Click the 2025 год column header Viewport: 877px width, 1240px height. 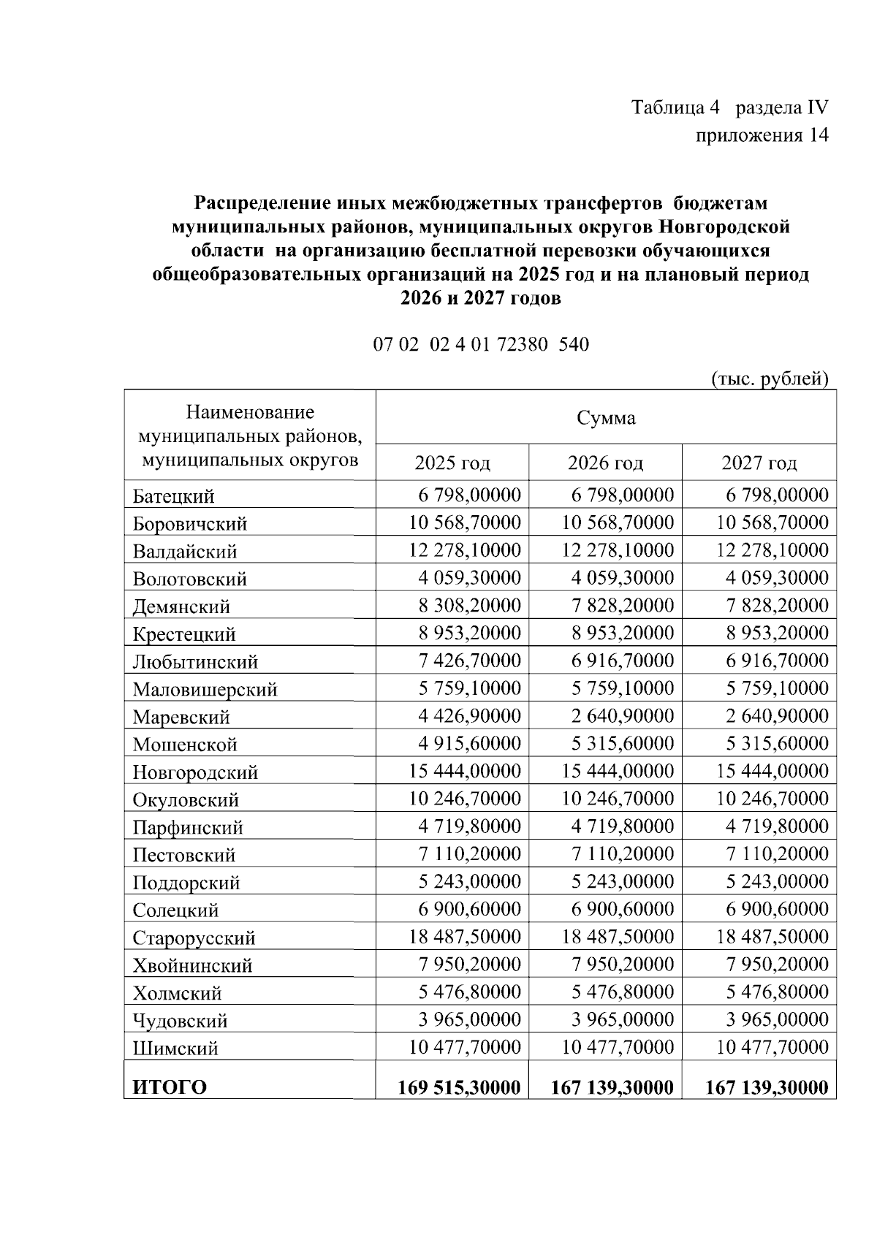coord(452,463)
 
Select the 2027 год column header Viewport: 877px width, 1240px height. coord(759,463)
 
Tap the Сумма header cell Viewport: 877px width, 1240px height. coord(606,418)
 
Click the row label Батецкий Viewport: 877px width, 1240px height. coord(174,497)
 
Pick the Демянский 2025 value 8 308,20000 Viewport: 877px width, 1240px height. coord(469,606)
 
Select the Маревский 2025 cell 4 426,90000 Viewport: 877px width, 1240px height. coord(469,716)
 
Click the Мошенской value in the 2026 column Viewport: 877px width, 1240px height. coord(622,744)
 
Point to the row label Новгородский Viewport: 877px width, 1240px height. coord(195,772)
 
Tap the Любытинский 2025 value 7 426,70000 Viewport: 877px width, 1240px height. coord(469,661)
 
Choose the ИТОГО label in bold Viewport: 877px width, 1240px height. coord(170,1087)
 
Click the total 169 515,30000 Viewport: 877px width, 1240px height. coord(459,1087)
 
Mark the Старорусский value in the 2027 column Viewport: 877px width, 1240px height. coord(772,937)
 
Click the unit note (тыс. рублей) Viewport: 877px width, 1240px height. coord(770,379)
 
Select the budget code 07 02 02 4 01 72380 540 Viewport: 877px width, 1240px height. coord(481,344)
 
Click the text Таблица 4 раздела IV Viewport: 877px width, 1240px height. coord(729,108)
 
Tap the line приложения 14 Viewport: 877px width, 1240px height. coord(762,136)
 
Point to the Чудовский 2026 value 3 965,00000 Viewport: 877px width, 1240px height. coord(622,1019)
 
